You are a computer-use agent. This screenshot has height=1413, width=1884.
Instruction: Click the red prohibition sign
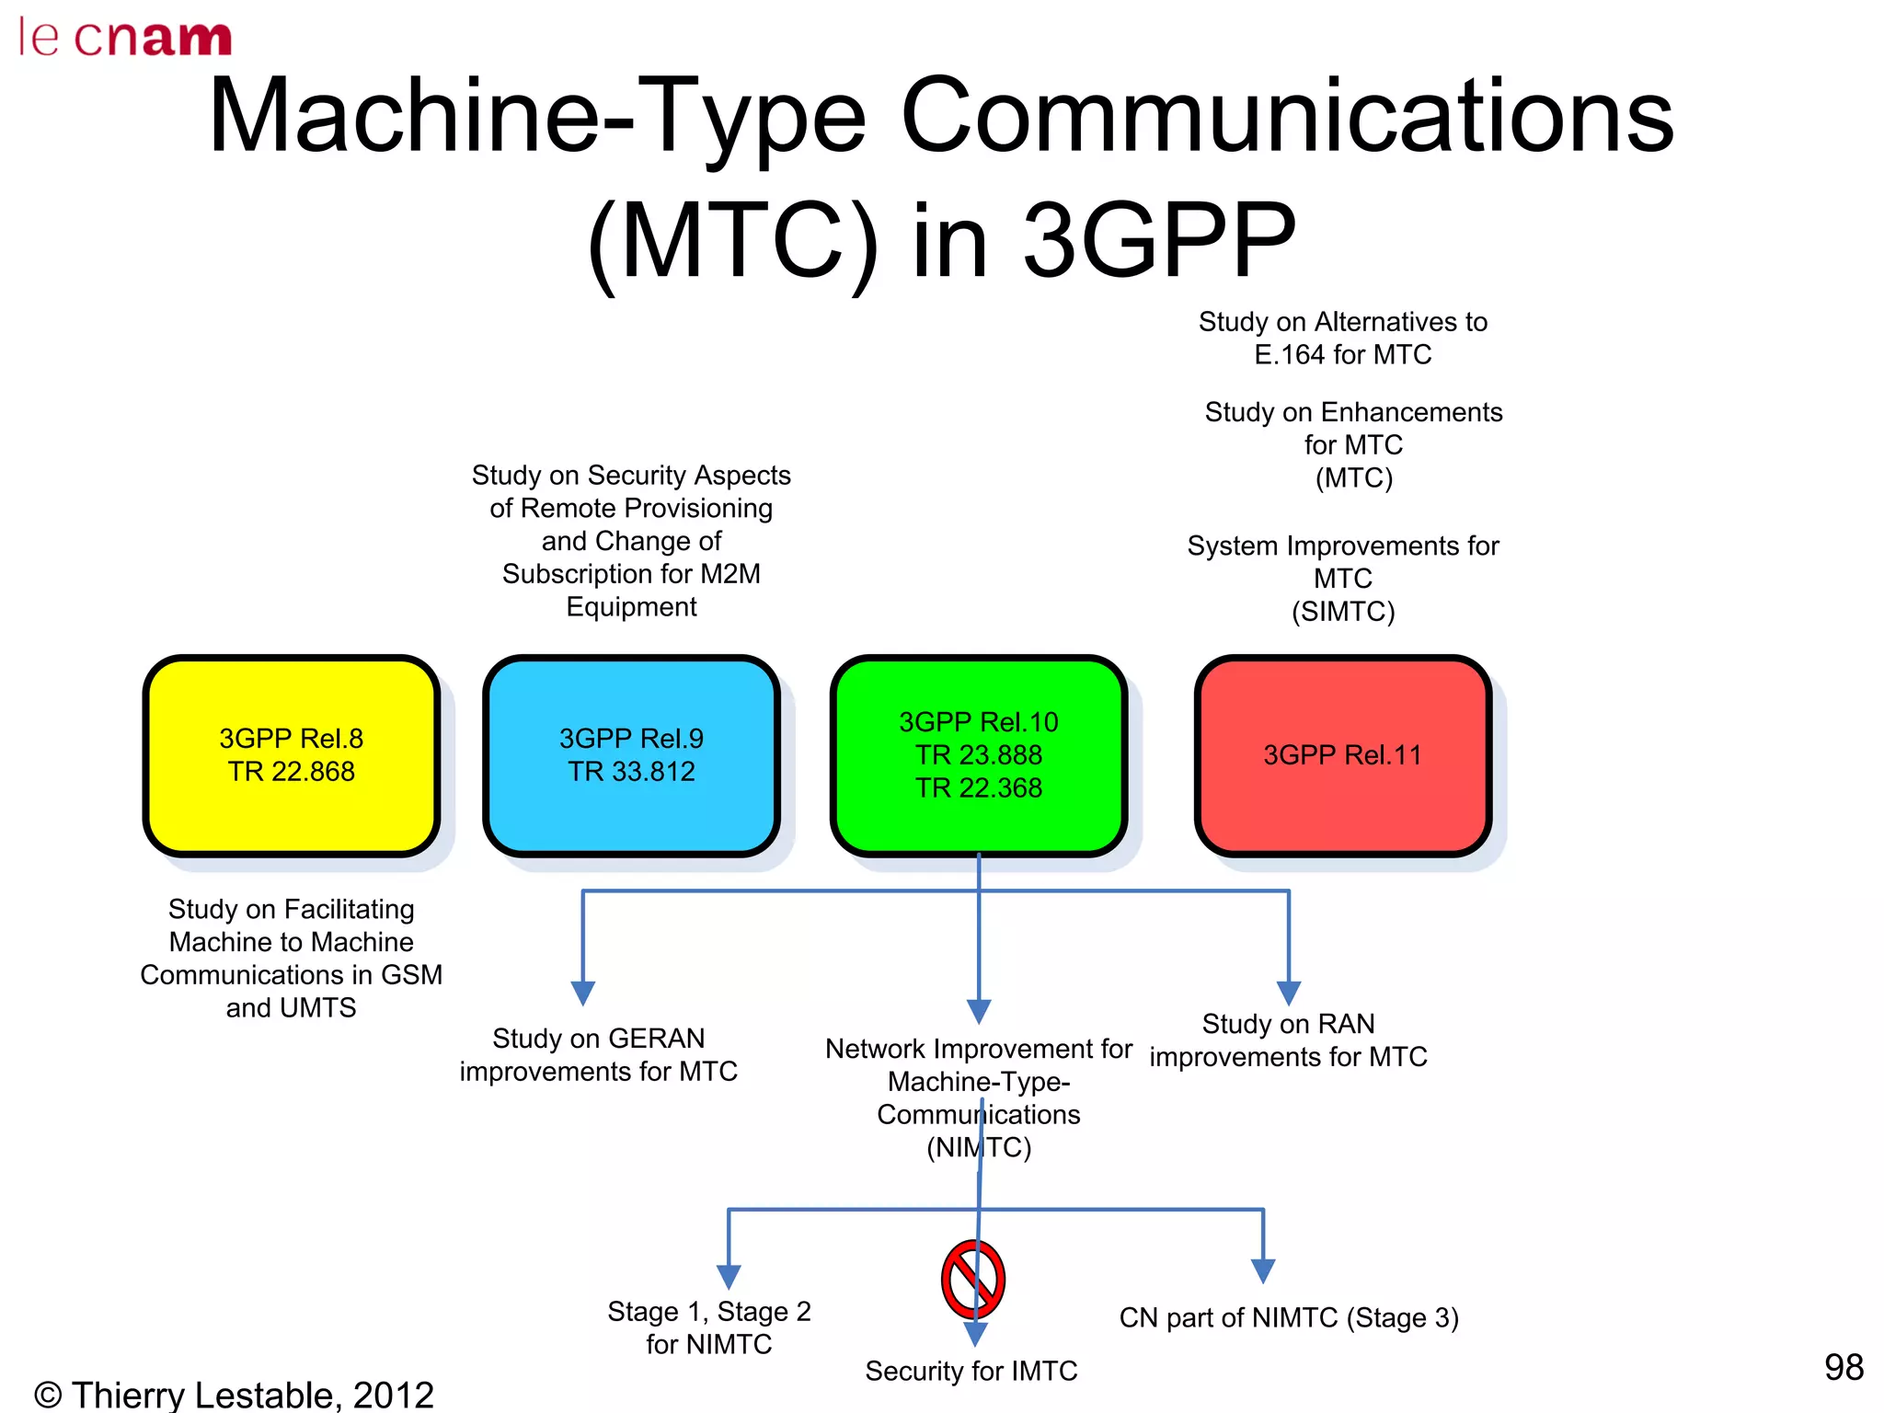pos(972,1280)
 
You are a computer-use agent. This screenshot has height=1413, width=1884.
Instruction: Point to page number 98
pos(1843,1367)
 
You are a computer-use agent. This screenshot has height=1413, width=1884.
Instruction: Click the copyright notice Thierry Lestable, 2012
pos(234,1394)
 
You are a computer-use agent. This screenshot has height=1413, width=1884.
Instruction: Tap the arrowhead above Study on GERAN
pos(582,993)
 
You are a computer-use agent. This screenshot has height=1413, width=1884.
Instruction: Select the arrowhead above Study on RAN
pos(1289,993)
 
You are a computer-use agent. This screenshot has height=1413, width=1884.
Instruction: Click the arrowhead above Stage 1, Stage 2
pos(729,1277)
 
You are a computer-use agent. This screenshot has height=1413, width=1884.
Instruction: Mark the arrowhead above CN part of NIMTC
pos(1263,1271)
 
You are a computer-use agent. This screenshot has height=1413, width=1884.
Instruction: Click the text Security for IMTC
pos(971,1371)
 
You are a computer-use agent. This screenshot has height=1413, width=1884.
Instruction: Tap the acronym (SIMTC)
pos(1343,612)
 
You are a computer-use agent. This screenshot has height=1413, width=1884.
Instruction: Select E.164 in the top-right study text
pos(1290,355)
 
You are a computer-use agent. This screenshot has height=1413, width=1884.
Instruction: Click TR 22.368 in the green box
pos(979,788)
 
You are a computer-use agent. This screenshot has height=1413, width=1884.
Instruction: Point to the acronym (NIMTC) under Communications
pos(979,1147)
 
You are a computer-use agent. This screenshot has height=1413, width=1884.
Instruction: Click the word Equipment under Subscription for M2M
pos(631,607)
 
